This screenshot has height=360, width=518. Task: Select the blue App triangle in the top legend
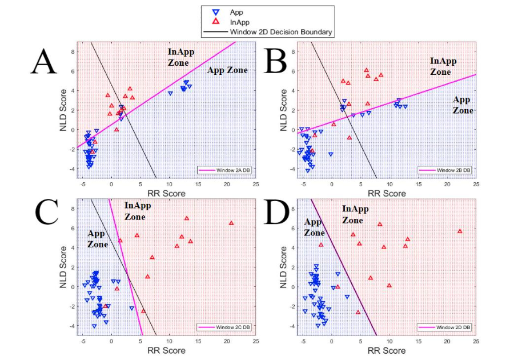pos(215,11)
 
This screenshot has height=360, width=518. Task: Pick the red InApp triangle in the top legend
pos(215,22)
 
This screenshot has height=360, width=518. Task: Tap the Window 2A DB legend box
pos(220,170)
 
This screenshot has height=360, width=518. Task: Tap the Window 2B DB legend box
pos(443,170)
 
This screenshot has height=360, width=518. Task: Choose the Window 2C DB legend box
pos(220,327)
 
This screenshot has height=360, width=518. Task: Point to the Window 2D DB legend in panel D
pos(443,327)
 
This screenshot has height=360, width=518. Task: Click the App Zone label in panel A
pos(227,70)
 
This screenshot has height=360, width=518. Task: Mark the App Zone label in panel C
pos(98,238)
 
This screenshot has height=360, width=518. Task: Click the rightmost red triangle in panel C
pos(231,223)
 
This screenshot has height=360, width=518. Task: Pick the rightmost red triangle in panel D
pos(460,231)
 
